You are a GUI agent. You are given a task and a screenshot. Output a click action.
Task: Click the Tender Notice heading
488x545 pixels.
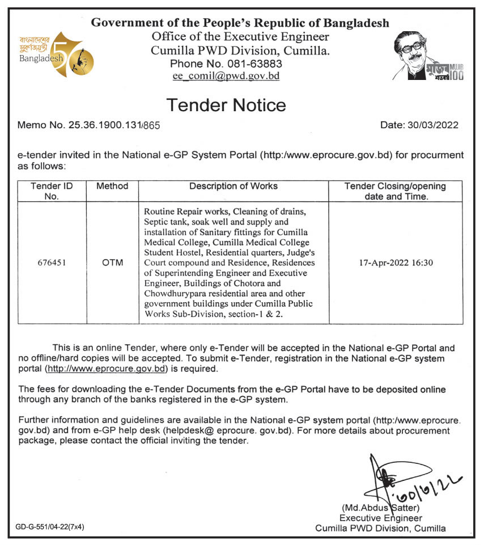(226, 105)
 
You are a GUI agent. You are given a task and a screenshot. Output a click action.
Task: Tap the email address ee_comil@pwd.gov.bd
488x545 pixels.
(226, 76)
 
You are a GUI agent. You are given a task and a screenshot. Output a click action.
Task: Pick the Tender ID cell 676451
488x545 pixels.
(52, 263)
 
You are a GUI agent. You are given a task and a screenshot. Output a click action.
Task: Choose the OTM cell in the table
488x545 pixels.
(112, 263)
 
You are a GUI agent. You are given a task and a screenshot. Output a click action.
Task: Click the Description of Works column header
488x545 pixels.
(234, 186)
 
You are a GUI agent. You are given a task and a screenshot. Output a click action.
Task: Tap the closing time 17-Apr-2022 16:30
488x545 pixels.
(396, 263)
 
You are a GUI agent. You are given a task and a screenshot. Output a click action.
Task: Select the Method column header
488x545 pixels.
(112, 186)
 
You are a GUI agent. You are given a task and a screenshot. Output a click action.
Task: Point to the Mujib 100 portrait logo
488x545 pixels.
(428, 56)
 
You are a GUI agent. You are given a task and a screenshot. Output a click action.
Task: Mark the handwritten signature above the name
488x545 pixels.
(397, 479)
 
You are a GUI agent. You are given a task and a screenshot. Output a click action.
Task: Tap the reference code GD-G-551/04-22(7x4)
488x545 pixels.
(51, 527)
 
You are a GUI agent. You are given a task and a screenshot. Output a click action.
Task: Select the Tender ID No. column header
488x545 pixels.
(52, 191)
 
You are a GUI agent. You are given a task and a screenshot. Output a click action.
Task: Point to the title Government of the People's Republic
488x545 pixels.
(240, 23)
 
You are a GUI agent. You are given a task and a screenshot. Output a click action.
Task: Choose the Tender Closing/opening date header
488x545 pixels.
(396, 191)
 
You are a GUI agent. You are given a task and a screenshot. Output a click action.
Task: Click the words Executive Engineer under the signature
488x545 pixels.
(380, 518)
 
